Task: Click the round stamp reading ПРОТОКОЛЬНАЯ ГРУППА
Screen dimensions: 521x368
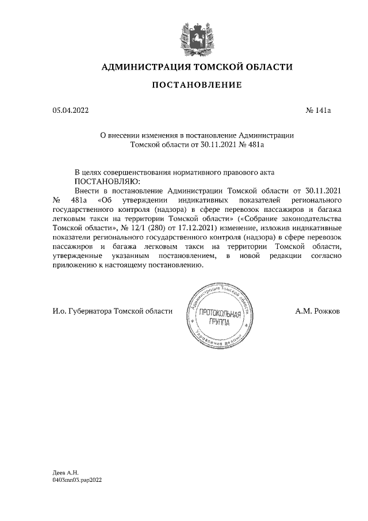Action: [221, 315]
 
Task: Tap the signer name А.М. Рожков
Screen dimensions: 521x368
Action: [317, 311]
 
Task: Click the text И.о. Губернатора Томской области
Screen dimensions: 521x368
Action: [112, 311]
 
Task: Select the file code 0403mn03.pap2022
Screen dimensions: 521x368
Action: [76, 479]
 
